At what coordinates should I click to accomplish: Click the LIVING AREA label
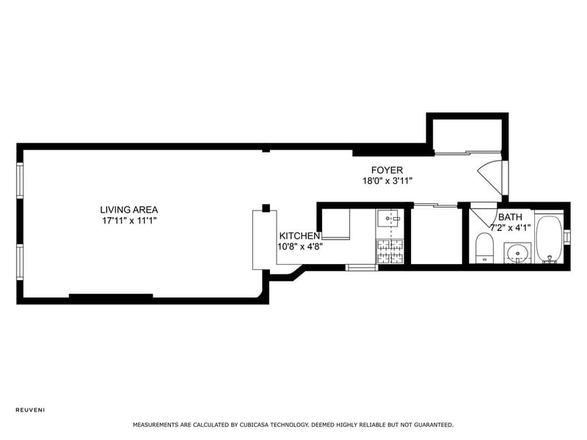point(129,210)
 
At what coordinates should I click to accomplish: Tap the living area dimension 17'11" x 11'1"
point(129,220)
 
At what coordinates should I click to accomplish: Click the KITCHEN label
point(299,236)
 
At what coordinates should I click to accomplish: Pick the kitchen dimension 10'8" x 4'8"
point(300,246)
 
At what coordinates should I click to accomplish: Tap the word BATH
point(511,218)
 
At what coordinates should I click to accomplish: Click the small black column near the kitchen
point(266,208)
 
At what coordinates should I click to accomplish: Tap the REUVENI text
point(30,409)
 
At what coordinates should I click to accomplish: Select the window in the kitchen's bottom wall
point(361,267)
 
